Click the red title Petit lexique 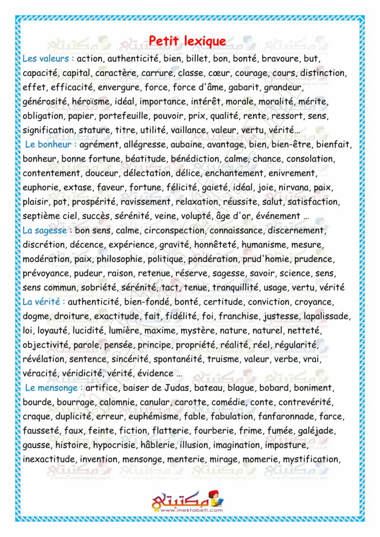point(188,41)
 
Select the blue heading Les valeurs point(48,58)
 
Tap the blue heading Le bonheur point(50,145)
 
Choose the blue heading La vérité point(44,302)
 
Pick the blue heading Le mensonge point(53,388)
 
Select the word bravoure point(280,58)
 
